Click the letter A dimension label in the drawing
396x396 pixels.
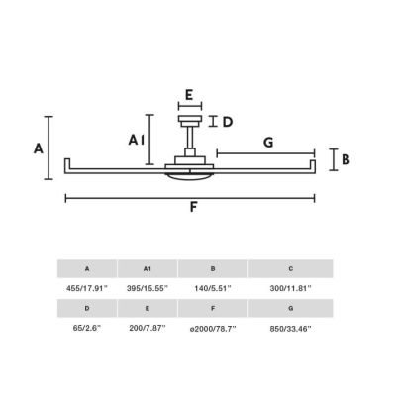[x=39, y=148]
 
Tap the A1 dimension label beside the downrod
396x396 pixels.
[x=137, y=140]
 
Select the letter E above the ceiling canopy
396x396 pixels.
[x=189, y=95]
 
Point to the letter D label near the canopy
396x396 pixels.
[x=228, y=122]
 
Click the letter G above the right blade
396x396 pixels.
[x=268, y=143]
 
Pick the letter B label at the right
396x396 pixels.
[x=346, y=159]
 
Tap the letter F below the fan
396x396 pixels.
[x=193, y=207]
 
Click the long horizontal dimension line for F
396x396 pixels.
[x=190, y=198]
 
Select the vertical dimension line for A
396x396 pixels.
[x=49, y=148]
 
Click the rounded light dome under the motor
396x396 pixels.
[x=190, y=176]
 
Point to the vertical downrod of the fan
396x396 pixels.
[x=190, y=138]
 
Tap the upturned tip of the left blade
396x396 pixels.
[x=67, y=163]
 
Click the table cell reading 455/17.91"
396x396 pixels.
[x=87, y=288]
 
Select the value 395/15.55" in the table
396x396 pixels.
[x=148, y=288]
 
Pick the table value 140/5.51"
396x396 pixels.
[x=213, y=288]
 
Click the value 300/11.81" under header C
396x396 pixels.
[x=291, y=288]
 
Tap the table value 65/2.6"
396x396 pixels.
[x=87, y=329]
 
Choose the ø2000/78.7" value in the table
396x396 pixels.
[x=213, y=329]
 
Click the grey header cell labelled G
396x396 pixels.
[x=291, y=308]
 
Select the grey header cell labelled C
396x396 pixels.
[x=291, y=268]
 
